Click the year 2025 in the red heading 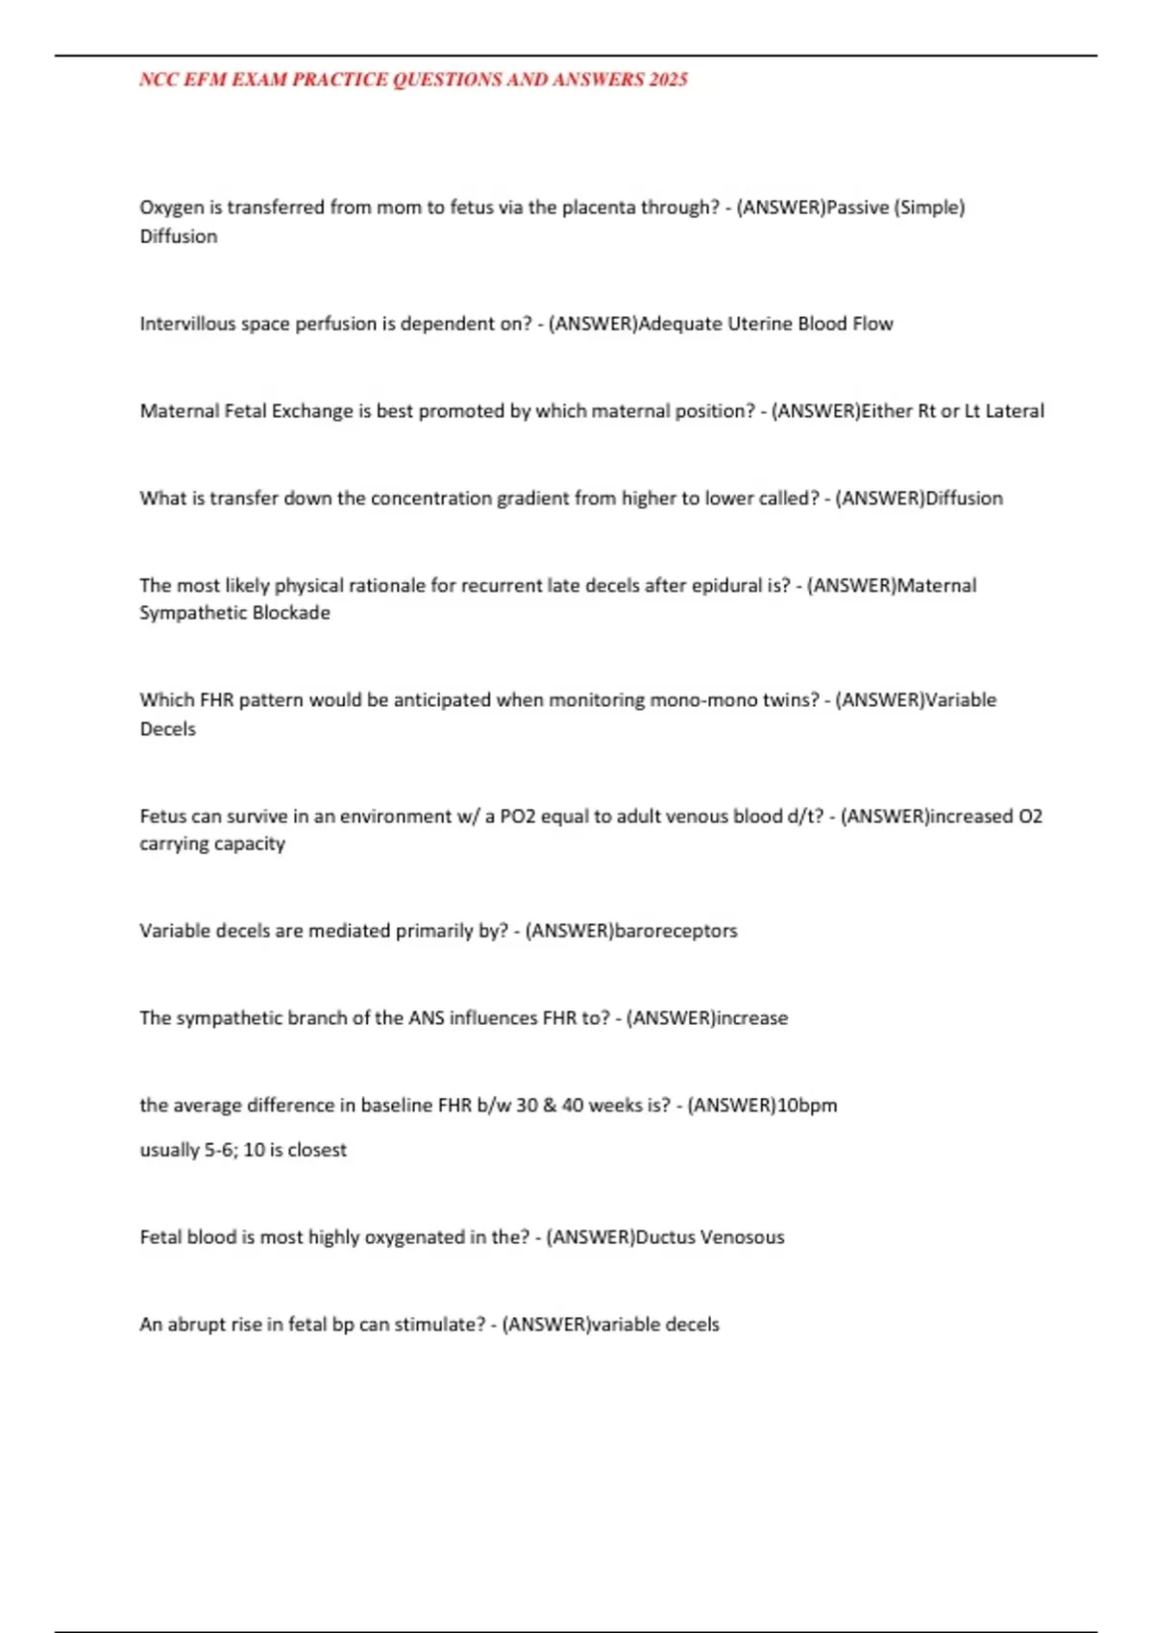pyautogui.click(x=669, y=80)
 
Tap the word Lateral pyautogui.click(x=1015, y=411)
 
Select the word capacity pyautogui.click(x=252, y=843)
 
